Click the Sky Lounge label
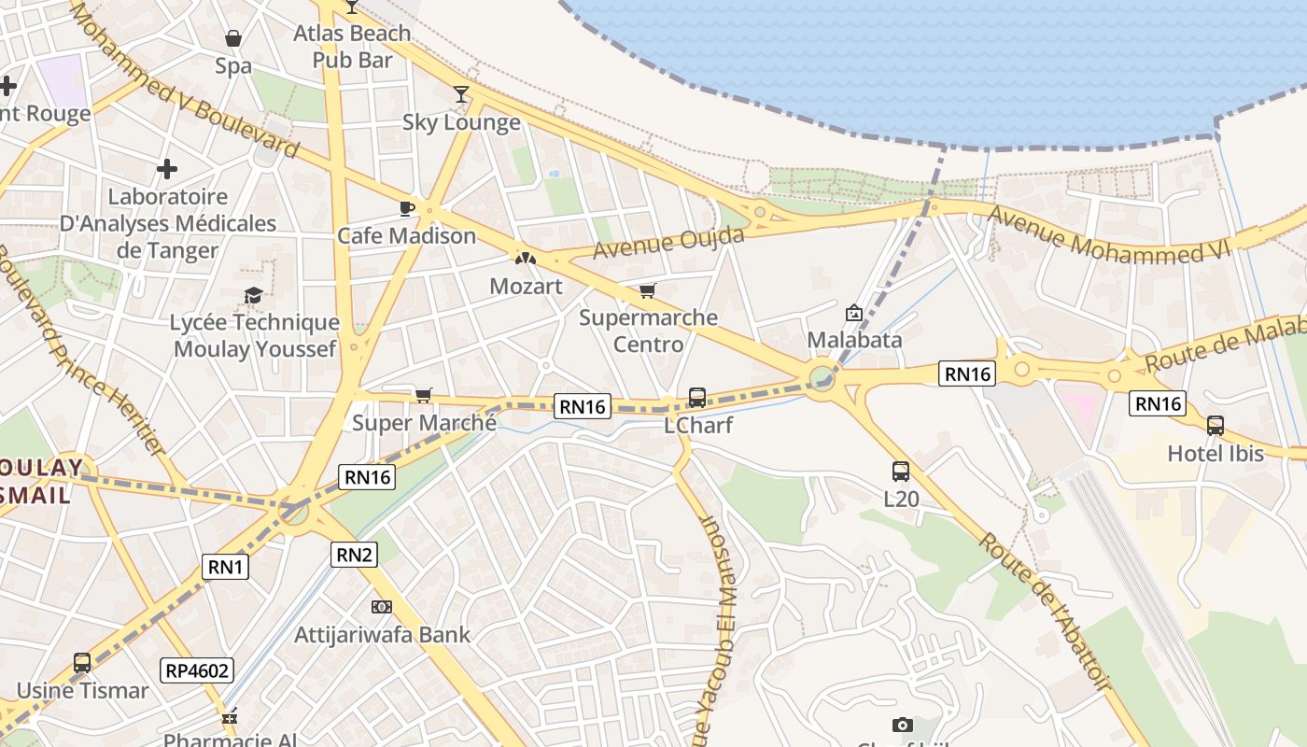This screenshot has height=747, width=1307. (x=461, y=122)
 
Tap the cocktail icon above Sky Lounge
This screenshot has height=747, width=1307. (x=461, y=93)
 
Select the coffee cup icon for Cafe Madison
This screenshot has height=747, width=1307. (x=406, y=208)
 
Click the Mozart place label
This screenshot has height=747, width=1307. (x=526, y=287)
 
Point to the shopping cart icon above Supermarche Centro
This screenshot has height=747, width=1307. (x=648, y=290)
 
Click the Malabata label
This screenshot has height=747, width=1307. (x=854, y=340)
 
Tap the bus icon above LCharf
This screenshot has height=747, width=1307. (x=697, y=397)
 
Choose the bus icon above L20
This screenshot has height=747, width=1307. (x=901, y=472)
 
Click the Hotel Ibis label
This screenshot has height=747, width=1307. (x=1216, y=454)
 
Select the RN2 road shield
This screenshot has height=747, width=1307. (x=355, y=555)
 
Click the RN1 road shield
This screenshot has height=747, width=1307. (x=226, y=566)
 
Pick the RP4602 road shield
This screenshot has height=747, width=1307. (x=196, y=669)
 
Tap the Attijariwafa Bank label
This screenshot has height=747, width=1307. (x=383, y=635)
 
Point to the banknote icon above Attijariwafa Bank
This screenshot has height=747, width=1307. (x=381, y=607)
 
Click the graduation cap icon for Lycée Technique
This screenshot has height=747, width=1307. (x=253, y=296)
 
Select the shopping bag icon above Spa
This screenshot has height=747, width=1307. (x=233, y=38)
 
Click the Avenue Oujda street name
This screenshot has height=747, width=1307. (x=668, y=243)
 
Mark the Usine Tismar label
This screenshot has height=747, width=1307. (x=82, y=691)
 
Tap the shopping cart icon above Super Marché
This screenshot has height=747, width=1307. (x=424, y=395)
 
